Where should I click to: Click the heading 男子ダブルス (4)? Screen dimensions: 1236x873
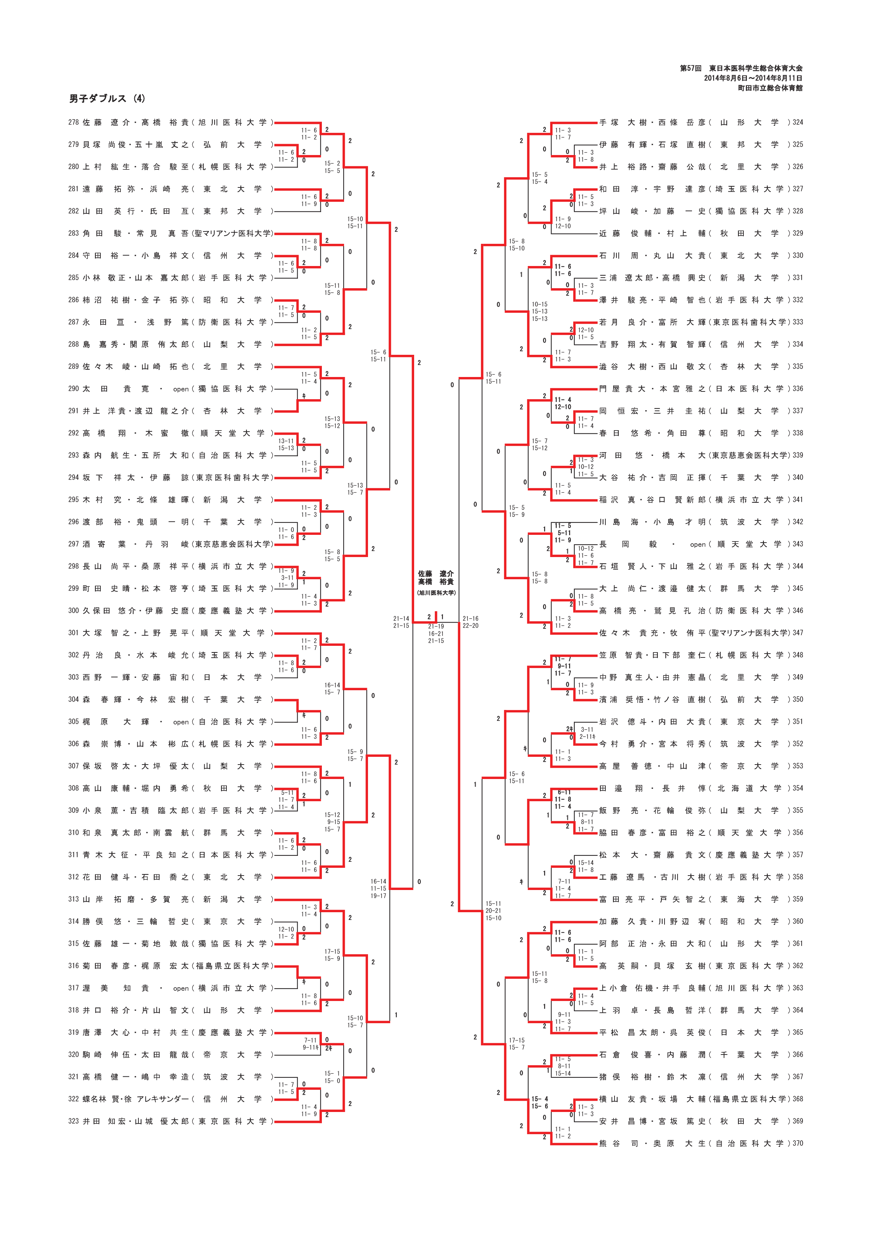pos(107,99)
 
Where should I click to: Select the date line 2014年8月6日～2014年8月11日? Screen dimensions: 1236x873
pos(753,78)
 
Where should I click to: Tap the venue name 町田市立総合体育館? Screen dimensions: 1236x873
pos(770,88)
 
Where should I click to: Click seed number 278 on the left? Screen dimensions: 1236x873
pos(73,123)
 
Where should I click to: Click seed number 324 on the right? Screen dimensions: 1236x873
pos(798,123)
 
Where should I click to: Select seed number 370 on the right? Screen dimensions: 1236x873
pos(798,1143)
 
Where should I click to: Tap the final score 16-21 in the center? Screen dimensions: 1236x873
pos(436,634)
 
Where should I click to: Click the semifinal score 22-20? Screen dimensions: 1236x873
pos(470,625)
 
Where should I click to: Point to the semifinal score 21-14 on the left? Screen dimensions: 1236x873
pos(401,619)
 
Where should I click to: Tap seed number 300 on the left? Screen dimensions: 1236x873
pos(73,611)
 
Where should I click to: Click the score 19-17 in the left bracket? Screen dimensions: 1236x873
pos(378,895)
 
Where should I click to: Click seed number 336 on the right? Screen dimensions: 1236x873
pos(798,389)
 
